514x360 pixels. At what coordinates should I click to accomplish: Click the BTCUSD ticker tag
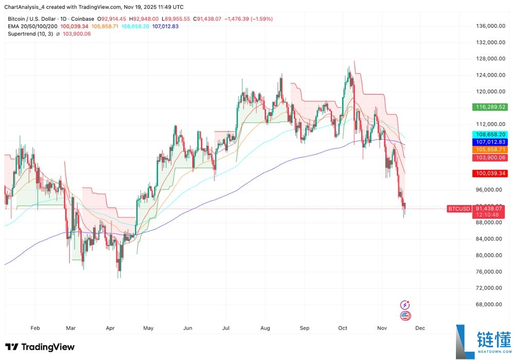(459, 209)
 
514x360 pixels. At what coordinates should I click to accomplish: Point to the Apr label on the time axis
(109, 327)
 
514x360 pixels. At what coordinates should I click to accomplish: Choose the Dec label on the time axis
(420, 327)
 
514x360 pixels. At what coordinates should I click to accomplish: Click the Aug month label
(265, 327)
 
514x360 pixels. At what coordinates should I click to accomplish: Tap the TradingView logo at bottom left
(40, 347)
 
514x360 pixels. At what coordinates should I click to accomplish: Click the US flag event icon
(406, 316)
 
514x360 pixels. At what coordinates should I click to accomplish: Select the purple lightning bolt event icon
(406, 305)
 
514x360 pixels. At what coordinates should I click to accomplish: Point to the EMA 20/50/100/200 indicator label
(32, 26)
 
